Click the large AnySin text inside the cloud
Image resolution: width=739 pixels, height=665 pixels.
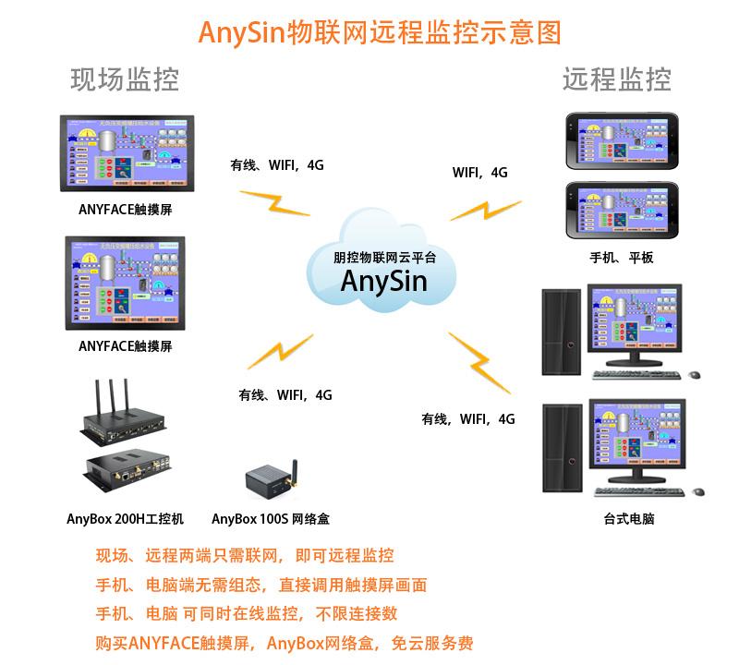pyautogui.click(x=384, y=279)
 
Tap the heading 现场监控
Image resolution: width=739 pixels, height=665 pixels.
pyautogui.click(x=125, y=79)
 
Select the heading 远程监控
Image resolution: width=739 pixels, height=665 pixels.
pyautogui.click(x=617, y=79)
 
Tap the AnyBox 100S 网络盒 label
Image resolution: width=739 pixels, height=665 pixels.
pyautogui.click(x=271, y=518)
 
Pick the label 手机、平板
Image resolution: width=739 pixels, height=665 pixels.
pyautogui.click(x=622, y=258)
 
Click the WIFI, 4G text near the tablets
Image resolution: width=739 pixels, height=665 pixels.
pyautogui.click(x=479, y=173)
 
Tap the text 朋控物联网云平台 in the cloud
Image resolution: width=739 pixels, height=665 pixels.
pyautogui.click(x=384, y=257)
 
